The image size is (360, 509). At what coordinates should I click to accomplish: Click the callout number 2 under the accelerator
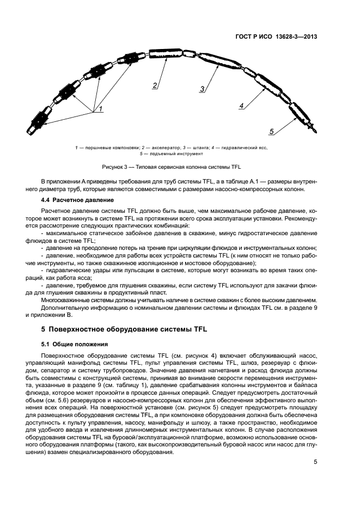155,85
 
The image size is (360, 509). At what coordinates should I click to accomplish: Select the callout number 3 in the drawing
202,89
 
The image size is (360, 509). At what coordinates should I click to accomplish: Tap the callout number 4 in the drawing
241,106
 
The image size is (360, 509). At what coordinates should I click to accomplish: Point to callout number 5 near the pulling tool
271,131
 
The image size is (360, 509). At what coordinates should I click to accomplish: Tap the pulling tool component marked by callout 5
299,114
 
